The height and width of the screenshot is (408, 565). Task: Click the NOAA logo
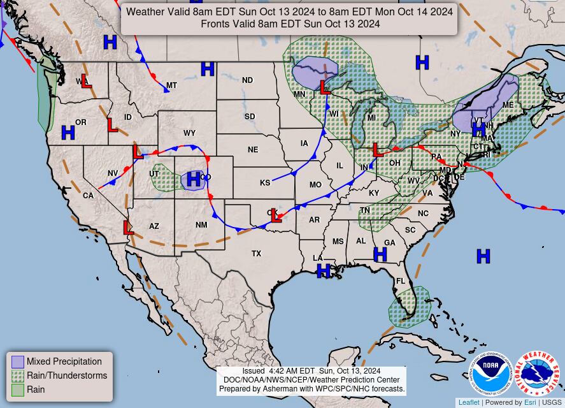(x=491, y=373)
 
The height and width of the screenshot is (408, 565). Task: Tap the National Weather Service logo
(x=537, y=373)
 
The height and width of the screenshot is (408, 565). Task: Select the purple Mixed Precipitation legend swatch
(x=18, y=362)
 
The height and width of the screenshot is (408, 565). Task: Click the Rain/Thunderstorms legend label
(x=67, y=375)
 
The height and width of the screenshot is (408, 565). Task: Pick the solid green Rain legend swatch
(x=18, y=390)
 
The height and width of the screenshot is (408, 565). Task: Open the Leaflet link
(x=469, y=402)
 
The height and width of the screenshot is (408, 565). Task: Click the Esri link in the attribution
(x=530, y=402)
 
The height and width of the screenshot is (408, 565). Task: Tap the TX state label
(x=256, y=254)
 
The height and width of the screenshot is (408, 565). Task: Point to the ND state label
(x=247, y=80)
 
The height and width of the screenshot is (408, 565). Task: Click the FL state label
(x=401, y=281)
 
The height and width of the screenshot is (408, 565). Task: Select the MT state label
(x=171, y=85)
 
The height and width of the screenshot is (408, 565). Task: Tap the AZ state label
(x=154, y=226)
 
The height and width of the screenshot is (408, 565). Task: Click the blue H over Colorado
(x=194, y=179)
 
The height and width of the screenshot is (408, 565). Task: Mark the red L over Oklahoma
(x=275, y=215)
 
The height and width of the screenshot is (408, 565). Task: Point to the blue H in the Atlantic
(x=483, y=256)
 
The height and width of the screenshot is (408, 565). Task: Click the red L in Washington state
(x=86, y=82)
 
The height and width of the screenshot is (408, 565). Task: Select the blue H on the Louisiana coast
(x=324, y=270)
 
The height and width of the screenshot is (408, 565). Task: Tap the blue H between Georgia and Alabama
(x=380, y=254)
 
